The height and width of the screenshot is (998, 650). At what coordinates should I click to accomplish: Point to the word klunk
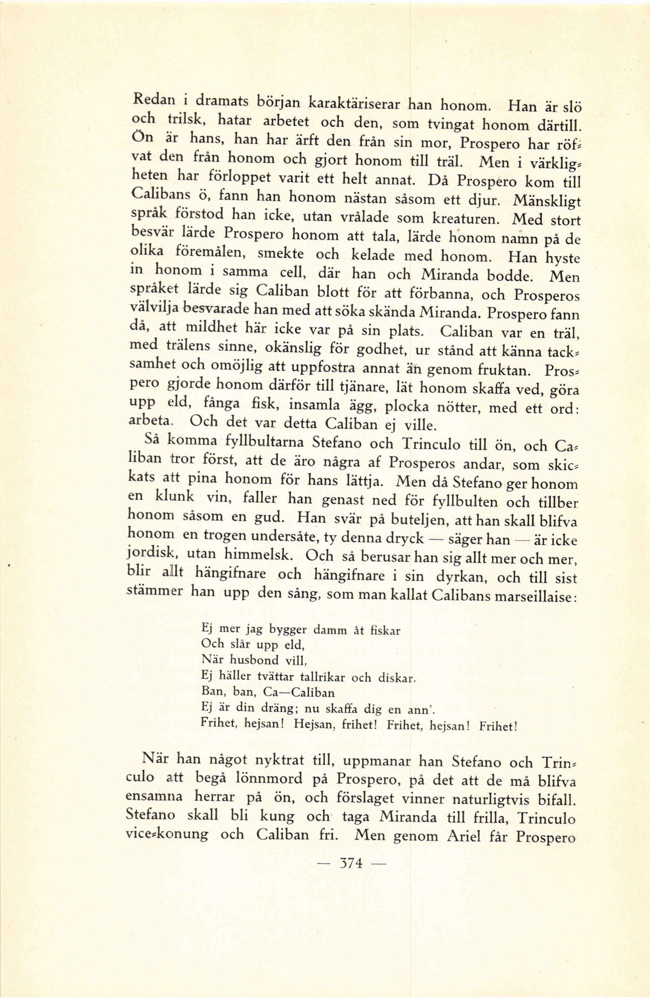[x=175, y=497]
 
